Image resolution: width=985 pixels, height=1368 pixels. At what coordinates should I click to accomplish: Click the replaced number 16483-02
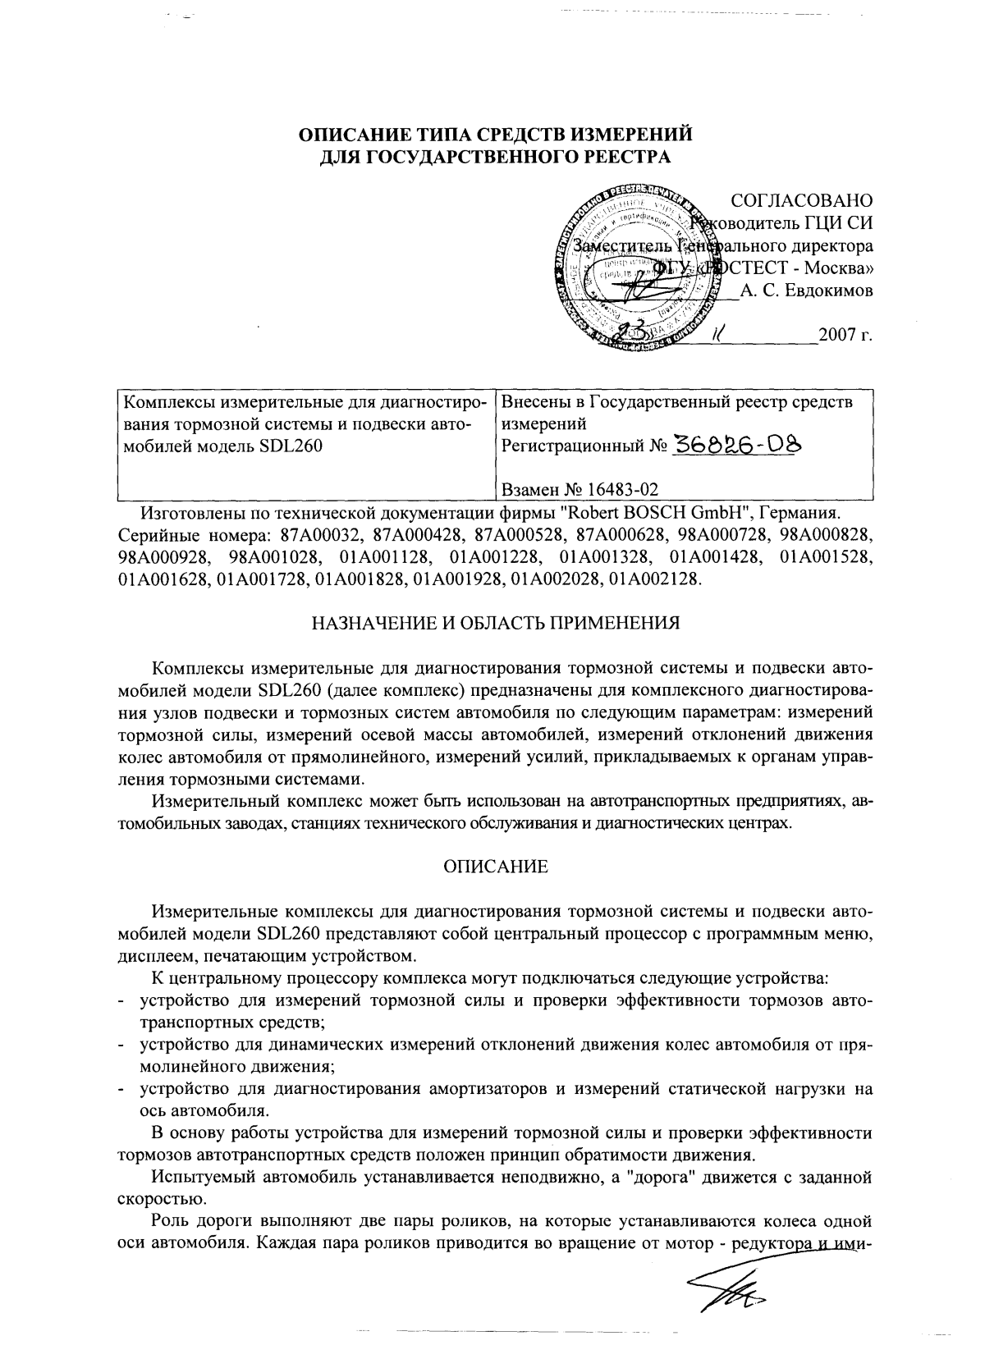pyautogui.click(x=621, y=490)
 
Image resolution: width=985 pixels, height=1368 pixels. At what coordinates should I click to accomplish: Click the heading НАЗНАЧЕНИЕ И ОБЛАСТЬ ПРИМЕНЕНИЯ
pyautogui.click(x=495, y=622)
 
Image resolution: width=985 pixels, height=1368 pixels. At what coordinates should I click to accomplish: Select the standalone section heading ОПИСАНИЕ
pyautogui.click(x=495, y=867)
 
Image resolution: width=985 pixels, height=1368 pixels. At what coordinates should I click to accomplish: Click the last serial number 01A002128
pyautogui.click(x=653, y=579)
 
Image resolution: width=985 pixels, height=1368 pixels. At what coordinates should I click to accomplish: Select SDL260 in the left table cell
pyautogui.click(x=292, y=446)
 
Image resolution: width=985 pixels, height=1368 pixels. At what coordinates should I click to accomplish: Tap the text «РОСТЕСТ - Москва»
pyautogui.click(x=788, y=268)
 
